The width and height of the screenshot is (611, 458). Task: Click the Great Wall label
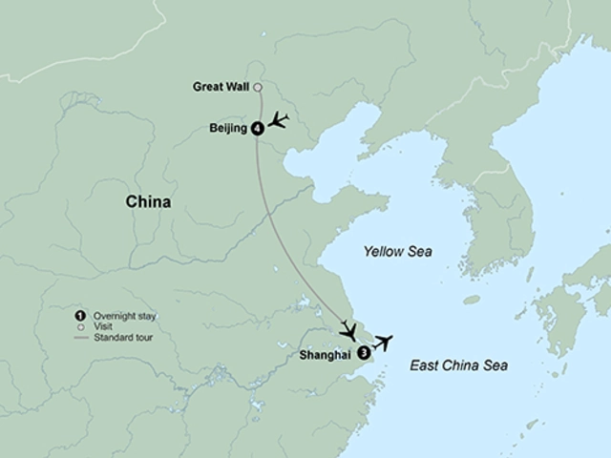(x=221, y=88)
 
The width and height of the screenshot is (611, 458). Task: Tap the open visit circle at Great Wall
(x=258, y=88)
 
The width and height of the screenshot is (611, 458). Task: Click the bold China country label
(x=148, y=202)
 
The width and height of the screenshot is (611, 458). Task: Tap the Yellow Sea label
(x=398, y=252)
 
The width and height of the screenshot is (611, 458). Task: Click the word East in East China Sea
(x=425, y=364)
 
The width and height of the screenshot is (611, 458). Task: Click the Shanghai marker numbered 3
(x=364, y=352)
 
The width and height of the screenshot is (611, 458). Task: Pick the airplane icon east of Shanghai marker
(x=383, y=342)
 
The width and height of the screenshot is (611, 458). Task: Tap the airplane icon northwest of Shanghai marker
(x=350, y=332)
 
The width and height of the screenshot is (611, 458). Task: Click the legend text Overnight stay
(x=123, y=315)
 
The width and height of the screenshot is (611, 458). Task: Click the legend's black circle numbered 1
(x=79, y=315)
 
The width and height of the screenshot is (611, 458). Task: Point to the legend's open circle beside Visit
(x=79, y=326)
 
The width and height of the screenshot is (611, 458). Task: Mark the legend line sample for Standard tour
(x=79, y=338)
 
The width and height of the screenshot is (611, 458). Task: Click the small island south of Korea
(x=472, y=300)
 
